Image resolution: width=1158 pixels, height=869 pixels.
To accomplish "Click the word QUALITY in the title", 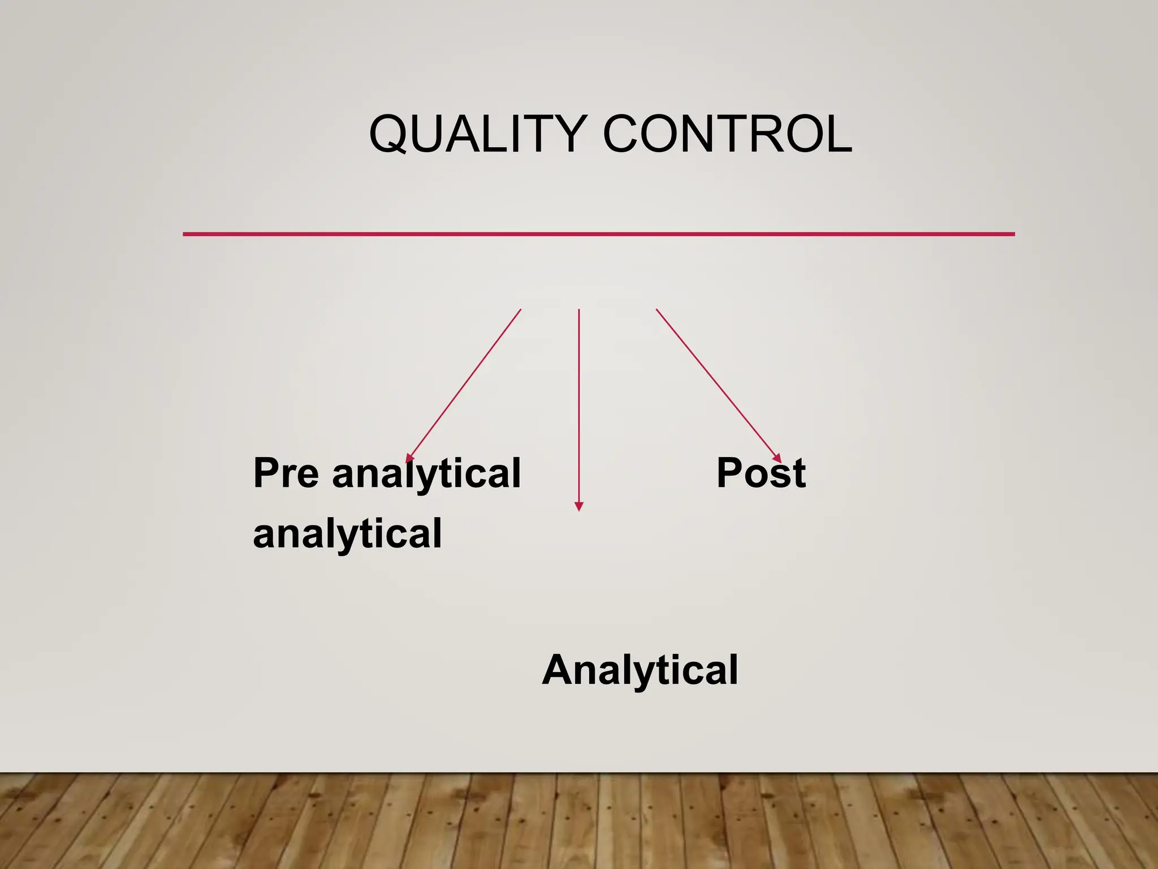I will coord(477,134).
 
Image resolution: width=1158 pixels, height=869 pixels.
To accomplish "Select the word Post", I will coord(761,473).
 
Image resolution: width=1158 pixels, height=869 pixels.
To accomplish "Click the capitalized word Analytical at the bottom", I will coord(640,670).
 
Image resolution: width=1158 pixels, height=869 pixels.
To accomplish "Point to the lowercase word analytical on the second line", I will coord(347,534).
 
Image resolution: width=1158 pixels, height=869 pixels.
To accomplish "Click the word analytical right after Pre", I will coord(426,473).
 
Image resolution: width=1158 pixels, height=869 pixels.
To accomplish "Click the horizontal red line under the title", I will coord(598,234).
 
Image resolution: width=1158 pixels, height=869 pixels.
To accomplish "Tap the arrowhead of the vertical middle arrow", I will coord(578,506).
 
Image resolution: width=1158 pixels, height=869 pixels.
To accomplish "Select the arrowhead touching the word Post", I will coord(777,459).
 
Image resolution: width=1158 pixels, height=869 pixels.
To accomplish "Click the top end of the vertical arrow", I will coord(579,310).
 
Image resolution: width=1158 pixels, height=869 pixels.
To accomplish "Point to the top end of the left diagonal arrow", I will coord(520,310).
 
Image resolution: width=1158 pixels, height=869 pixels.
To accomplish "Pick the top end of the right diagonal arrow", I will coord(656,309).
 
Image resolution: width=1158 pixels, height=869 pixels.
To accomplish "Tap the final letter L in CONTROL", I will coord(840,134).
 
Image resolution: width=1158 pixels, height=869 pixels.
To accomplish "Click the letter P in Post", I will coord(729,473).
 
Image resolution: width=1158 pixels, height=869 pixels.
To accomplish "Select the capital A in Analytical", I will coord(559,670).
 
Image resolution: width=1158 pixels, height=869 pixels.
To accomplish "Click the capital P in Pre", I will coord(266,473).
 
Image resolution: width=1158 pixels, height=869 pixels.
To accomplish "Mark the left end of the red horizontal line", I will coord(184,234).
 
